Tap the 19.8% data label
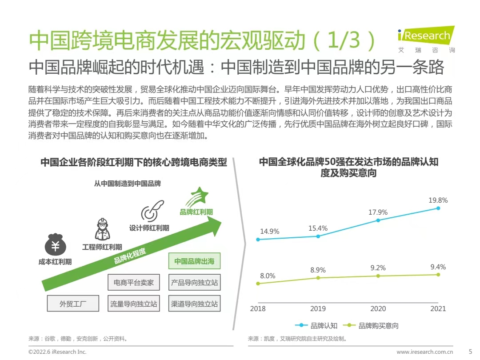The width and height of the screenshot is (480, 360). pyautogui.click(x=438, y=200)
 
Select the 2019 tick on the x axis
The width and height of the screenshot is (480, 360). pyautogui.click(x=318, y=308)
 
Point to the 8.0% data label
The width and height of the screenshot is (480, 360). pyautogui.click(x=268, y=276)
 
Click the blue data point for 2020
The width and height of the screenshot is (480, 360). pyautogui.click(x=378, y=220)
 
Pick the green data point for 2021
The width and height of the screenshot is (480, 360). pyautogui.click(x=438, y=275)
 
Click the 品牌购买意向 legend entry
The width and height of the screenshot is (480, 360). pyautogui.click(x=373, y=326)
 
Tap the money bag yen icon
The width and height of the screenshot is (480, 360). pyautogui.click(x=55, y=245)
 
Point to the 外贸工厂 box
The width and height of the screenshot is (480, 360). pyautogui.click(x=73, y=304)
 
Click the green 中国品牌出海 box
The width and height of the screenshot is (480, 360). pyautogui.click(x=194, y=261)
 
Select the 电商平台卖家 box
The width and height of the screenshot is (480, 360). pyautogui.click(x=134, y=283)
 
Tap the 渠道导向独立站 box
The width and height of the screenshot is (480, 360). pyautogui.click(x=194, y=304)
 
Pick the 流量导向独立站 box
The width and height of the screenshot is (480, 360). pyautogui.click(x=134, y=304)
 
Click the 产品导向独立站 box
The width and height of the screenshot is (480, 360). pyautogui.click(x=194, y=283)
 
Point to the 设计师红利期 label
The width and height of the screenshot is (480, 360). pyautogui.click(x=149, y=228)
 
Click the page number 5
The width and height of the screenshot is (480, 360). pyautogui.click(x=471, y=352)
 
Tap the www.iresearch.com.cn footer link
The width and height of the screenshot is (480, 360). pyautogui.click(x=425, y=352)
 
